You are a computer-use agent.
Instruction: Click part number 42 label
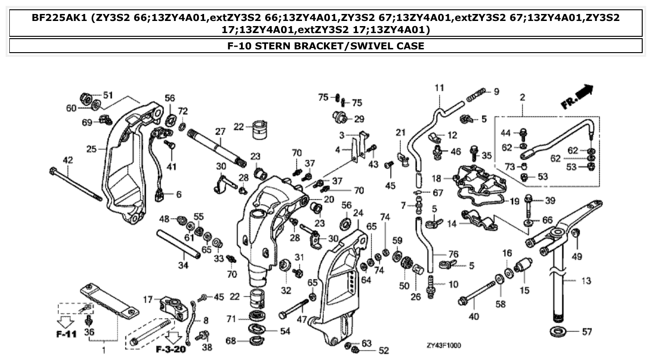[68, 160]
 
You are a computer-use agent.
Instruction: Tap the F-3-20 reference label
[171, 349]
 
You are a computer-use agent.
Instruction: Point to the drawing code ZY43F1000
[443, 346]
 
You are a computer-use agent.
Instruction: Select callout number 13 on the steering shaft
[586, 281]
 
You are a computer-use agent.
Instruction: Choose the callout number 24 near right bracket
[357, 213]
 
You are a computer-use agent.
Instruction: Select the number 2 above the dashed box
[522, 97]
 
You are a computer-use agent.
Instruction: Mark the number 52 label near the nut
[384, 350]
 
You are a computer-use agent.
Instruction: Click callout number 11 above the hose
[439, 88]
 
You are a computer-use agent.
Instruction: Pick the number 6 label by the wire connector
[178, 195]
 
